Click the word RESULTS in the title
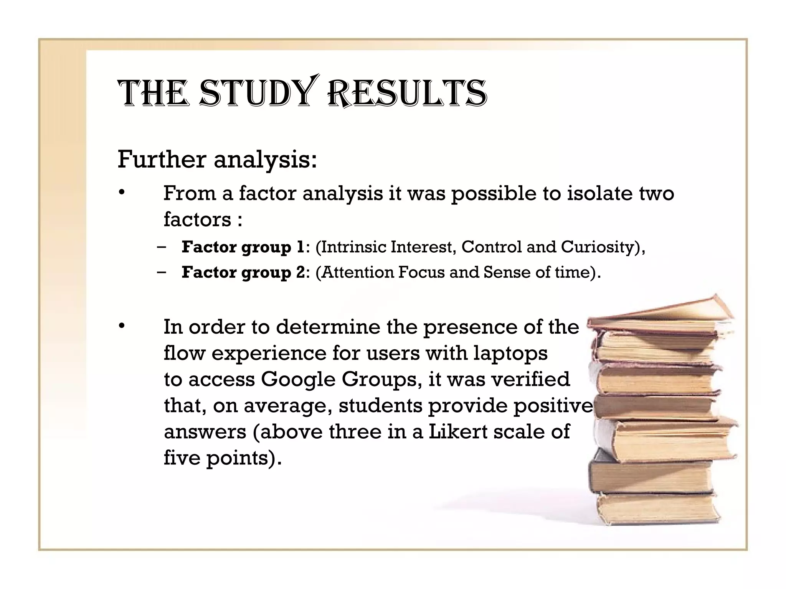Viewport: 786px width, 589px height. point(407,93)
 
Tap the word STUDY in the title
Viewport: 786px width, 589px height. point(255,93)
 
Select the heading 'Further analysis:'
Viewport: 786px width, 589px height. point(217,159)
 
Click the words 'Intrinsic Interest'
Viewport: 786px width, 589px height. point(388,247)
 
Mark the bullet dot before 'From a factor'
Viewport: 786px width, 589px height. point(122,192)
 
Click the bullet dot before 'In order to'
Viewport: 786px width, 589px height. point(122,327)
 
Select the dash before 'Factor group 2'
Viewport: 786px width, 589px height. point(162,272)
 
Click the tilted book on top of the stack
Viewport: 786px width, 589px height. point(660,313)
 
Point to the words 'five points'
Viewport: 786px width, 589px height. point(215,458)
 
